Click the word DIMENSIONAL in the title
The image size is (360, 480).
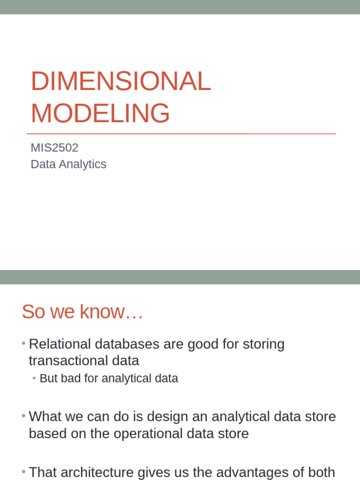[x=120, y=82]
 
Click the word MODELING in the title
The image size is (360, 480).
[x=100, y=113]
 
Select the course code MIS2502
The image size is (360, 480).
[x=54, y=148]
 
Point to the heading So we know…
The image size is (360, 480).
[x=82, y=312]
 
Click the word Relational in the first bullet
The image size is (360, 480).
[x=60, y=344]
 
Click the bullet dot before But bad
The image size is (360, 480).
[x=35, y=378]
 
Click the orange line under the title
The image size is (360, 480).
[x=181, y=134]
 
